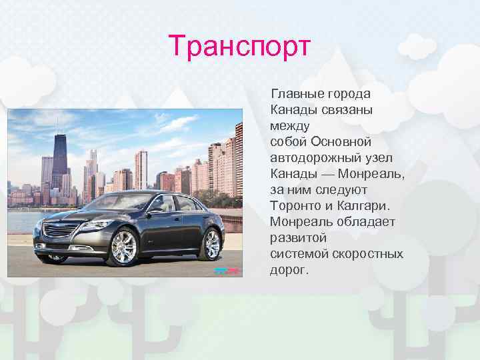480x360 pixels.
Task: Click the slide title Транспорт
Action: pos(240,47)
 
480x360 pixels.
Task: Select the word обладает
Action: pos(363,221)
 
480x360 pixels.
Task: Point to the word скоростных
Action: pos(369,254)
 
